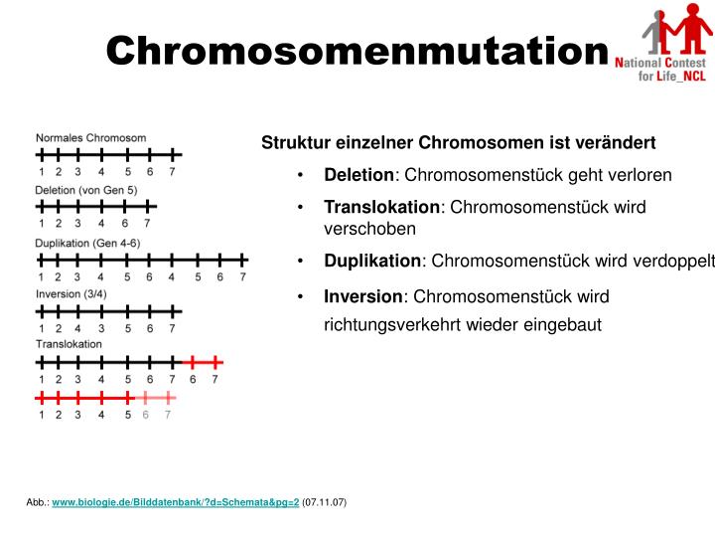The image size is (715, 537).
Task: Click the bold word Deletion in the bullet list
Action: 358,175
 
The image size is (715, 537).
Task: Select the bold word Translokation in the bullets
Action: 381,207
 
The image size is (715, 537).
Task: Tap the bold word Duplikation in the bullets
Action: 372,261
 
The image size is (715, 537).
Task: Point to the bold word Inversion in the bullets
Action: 363,296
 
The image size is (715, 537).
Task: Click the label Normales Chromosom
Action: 90,138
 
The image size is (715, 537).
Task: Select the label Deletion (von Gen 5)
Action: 85,190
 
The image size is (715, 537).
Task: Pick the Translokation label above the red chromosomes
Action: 69,344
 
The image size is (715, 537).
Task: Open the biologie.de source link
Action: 175,502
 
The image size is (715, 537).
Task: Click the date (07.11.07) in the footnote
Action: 325,502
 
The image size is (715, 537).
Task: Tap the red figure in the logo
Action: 684,30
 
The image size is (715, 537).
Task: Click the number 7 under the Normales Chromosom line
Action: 172,171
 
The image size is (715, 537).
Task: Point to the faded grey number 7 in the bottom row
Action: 168,415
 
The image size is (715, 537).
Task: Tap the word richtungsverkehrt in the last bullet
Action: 386,324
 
